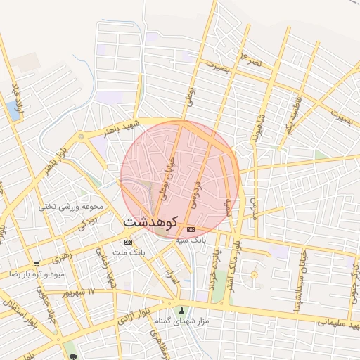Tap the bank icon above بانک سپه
[x=191, y=230]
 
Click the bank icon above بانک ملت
[x=127, y=241]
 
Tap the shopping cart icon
[x=37, y=264]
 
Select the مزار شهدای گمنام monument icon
[x=182, y=311]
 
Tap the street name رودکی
[x=87, y=224]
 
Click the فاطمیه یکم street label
[x=288, y=116]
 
